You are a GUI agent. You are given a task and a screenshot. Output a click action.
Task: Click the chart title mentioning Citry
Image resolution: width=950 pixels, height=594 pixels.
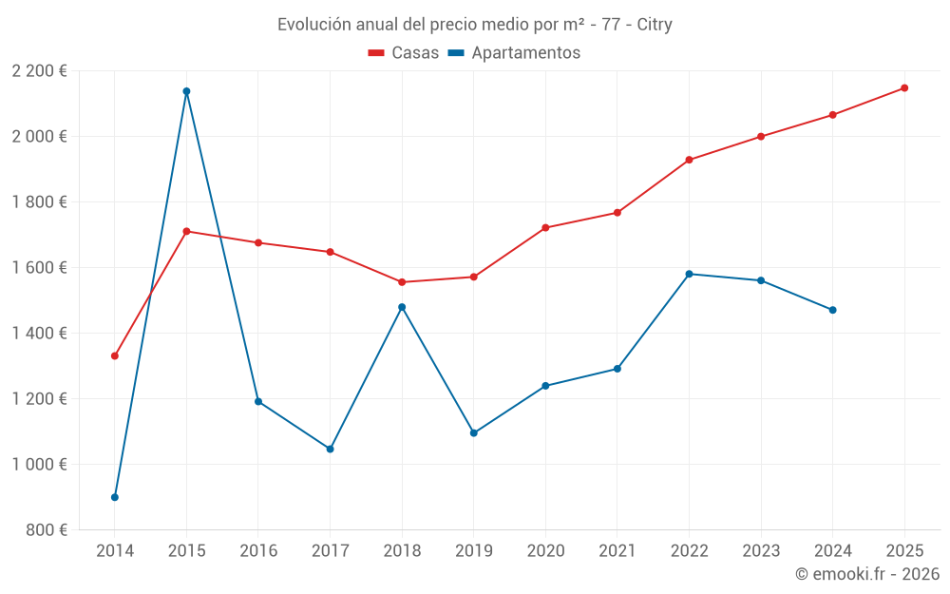click(x=474, y=24)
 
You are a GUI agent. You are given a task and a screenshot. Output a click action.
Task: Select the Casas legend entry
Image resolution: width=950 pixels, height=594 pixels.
click(x=404, y=52)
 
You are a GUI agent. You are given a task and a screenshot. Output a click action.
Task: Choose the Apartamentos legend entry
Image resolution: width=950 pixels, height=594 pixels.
click(x=514, y=52)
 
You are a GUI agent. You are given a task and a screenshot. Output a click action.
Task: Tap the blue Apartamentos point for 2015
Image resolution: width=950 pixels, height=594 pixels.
click(x=186, y=91)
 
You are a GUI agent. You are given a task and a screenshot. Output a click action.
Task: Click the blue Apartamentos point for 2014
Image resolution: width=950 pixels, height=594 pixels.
click(x=115, y=497)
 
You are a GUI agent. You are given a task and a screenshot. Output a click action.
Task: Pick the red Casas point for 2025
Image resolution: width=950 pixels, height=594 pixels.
click(x=904, y=87)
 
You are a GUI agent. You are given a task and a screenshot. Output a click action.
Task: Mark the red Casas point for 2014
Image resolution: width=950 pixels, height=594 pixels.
click(x=115, y=355)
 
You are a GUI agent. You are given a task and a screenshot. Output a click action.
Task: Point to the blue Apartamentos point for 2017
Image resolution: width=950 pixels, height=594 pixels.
click(x=330, y=449)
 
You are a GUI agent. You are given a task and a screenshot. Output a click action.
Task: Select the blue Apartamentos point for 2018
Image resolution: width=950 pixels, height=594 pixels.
click(x=402, y=307)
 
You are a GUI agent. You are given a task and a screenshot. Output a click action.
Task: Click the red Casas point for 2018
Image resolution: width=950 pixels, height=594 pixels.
click(x=402, y=282)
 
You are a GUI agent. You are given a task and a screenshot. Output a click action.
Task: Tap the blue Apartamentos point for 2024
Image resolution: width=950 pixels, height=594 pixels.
click(x=832, y=310)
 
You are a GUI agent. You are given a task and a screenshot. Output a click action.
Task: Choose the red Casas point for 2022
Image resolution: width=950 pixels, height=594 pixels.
click(x=689, y=160)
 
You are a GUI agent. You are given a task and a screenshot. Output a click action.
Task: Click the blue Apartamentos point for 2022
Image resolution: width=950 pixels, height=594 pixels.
click(x=689, y=274)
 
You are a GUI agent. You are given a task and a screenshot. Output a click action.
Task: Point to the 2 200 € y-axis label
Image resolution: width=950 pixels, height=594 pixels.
click(x=39, y=71)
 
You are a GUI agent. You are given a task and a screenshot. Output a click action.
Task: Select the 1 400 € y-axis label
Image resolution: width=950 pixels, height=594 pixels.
click(x=39, y=334)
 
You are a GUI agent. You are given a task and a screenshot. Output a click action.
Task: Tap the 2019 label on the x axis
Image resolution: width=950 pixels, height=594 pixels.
click(x=473, y=551)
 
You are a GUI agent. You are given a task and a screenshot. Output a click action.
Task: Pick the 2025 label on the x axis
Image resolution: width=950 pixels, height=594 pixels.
click(x=904, y=551)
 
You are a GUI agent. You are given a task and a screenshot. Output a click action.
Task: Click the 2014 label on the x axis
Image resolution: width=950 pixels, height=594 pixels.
click(x=115, y=551)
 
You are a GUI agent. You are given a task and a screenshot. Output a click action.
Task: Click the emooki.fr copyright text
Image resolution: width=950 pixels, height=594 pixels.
click(x=866, y=574)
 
